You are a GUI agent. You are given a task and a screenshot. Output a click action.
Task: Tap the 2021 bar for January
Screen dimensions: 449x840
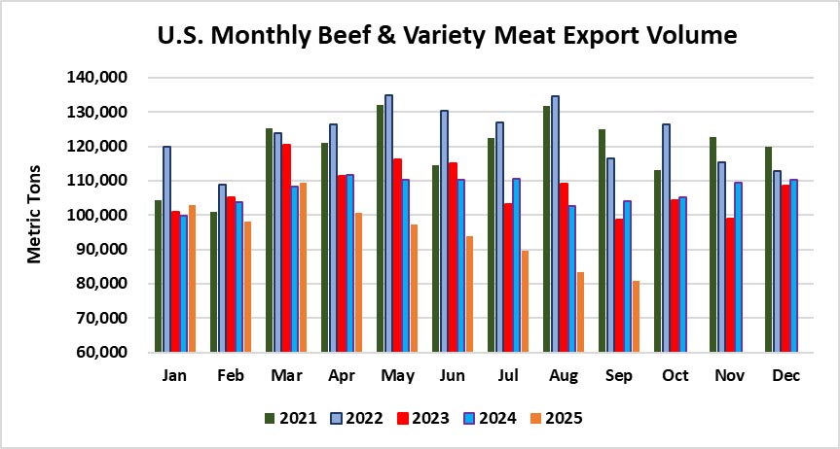(x=158, y=276)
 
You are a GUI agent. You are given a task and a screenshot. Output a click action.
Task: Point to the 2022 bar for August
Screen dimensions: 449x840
(x=555, y=224)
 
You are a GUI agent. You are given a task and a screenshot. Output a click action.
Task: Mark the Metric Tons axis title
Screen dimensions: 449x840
(x=35, y=215)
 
